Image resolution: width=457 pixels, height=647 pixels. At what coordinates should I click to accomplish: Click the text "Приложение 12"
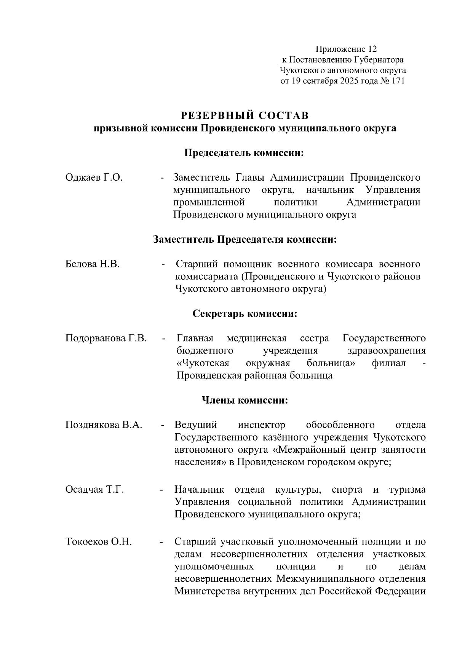pyautogui.click(x=345, y=49)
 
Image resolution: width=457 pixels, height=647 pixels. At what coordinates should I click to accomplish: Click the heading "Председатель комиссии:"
pyautogui.click(x=245, y=153)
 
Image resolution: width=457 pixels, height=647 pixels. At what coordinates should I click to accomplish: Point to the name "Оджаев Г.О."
pyautogui.click(x=94, y=178)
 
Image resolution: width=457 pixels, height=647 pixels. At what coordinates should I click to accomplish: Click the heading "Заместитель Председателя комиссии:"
pyautogui.click(x=245, y=240)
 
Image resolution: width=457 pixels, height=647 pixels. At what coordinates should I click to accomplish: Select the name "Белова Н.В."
pyautogui.click(x=93, y=264)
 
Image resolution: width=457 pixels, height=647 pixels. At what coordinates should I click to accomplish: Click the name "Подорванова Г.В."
pyautogui.click(x=106, y=338)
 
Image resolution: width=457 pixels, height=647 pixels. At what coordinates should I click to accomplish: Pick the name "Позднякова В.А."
pyautogui.click(x=104, y=425)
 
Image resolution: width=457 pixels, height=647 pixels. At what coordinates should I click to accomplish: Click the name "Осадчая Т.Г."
pyautogui.click(x=95, y=490)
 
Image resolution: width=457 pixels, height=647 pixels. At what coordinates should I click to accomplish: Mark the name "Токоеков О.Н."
pyautogui.click(x=99, y=541)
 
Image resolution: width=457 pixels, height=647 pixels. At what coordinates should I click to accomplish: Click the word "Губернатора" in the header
pyautogui.click(x=379, y=60)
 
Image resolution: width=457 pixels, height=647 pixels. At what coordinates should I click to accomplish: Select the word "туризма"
pyautogui.click(x=407, y=490)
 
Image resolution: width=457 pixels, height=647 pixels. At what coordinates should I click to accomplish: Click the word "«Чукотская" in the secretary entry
pyautogui.click(x=203, y=363)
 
